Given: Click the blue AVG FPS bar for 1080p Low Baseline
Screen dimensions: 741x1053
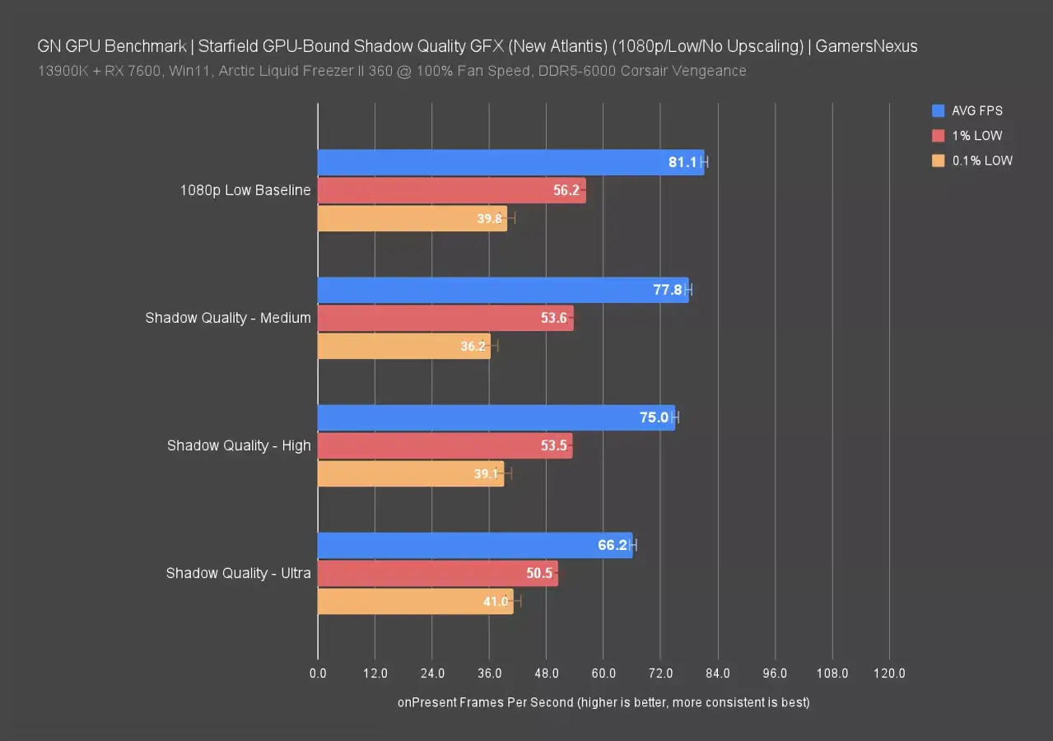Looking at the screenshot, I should (494, 162).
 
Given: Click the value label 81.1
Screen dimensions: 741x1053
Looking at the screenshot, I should (683, 162).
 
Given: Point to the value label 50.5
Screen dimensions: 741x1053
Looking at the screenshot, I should (539, 573).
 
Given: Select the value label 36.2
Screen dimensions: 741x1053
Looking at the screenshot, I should (473, 347).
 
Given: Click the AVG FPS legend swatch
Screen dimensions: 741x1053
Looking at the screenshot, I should (938, 110).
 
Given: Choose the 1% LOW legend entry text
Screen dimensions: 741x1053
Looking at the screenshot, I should (977, 136).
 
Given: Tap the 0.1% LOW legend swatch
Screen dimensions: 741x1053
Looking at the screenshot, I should (938, 161).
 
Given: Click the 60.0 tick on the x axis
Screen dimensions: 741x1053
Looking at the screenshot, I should (603, 673).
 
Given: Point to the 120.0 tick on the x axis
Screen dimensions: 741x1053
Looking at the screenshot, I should (889, 673).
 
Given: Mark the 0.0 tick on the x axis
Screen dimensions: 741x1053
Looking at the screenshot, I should (318, 673).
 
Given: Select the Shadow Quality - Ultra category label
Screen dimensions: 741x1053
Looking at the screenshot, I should (238, 573).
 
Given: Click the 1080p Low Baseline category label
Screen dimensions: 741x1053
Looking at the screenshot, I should (245, 190).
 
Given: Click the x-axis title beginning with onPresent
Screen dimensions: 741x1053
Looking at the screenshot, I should (603, 702).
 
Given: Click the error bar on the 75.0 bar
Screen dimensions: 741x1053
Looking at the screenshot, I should (675, 417).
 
